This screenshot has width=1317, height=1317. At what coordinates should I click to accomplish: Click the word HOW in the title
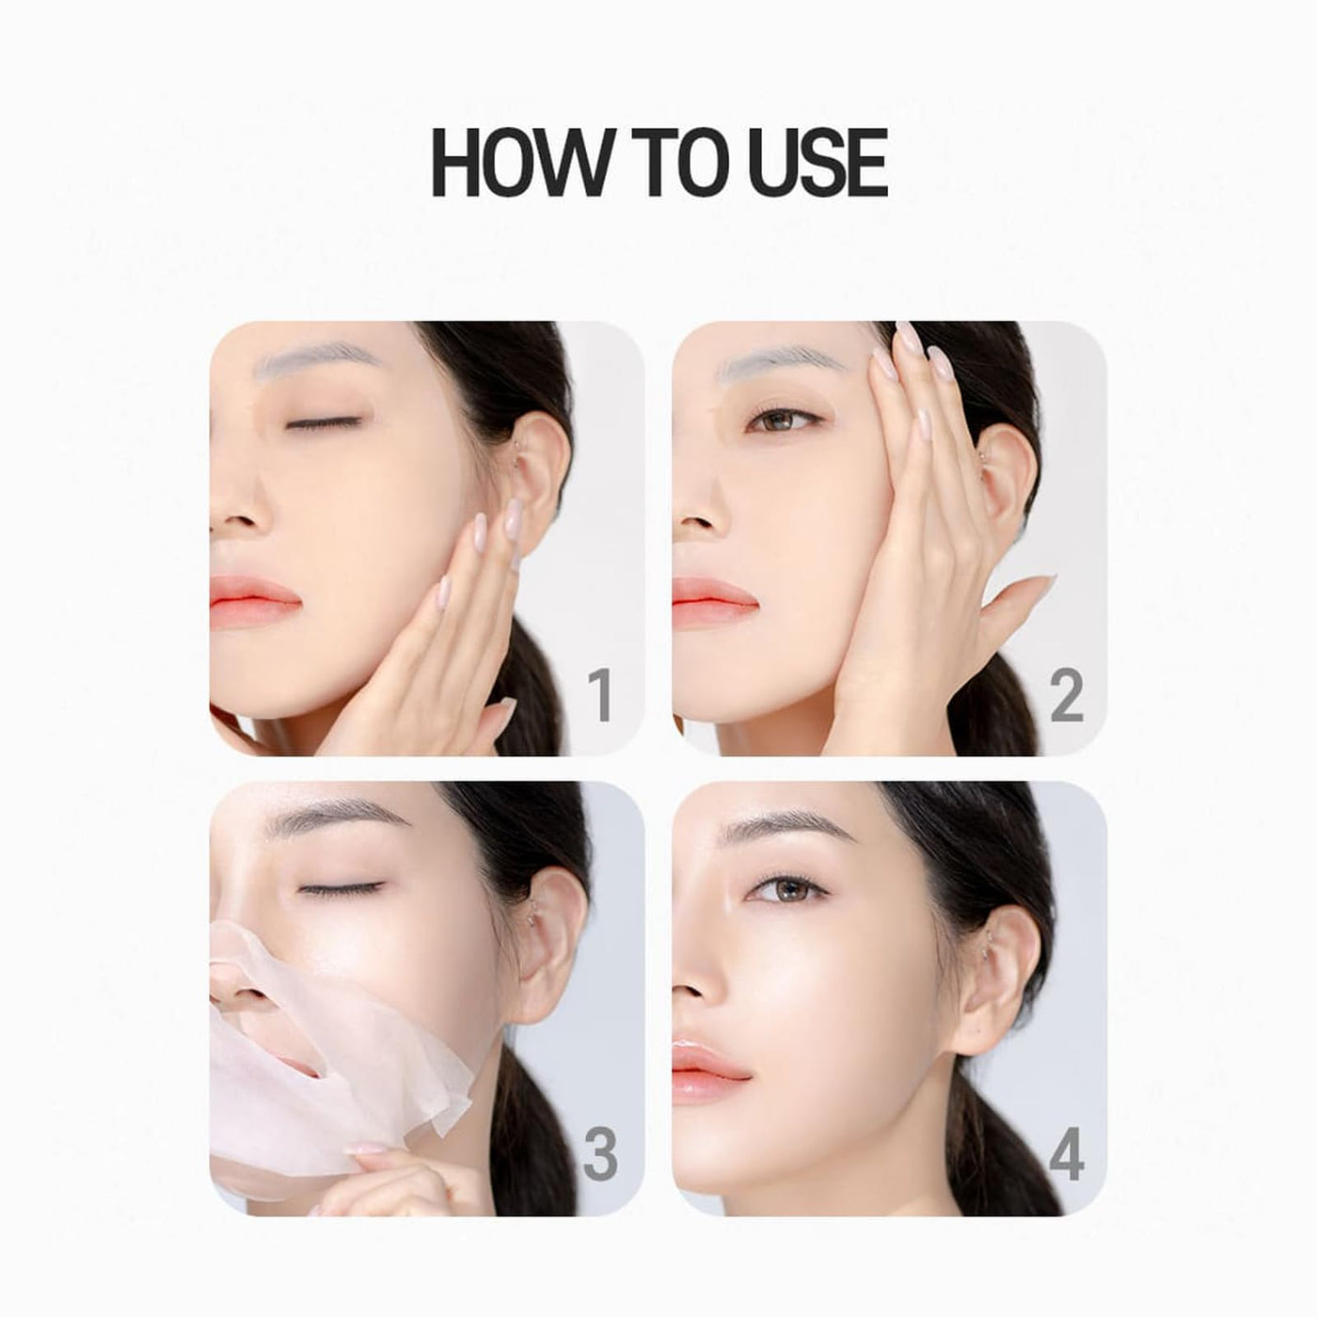click(x=521, y=164)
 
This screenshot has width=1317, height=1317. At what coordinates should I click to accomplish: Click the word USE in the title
click(x=818, y=164)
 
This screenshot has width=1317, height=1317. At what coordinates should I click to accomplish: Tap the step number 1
click(x=600, y=695)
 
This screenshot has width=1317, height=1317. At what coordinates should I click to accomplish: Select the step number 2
click(x=1067, y=695)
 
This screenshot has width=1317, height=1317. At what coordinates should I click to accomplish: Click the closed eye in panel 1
click(x=324, y=423)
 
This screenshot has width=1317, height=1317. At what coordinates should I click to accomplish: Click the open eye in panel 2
click(x=784, y=419)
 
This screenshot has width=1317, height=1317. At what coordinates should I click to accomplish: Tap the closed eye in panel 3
click(x=341, y=888)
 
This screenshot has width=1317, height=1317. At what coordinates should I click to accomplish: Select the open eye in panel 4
click(x=787, y=887)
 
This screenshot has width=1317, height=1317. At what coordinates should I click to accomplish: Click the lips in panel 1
click(x=254, y=601)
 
